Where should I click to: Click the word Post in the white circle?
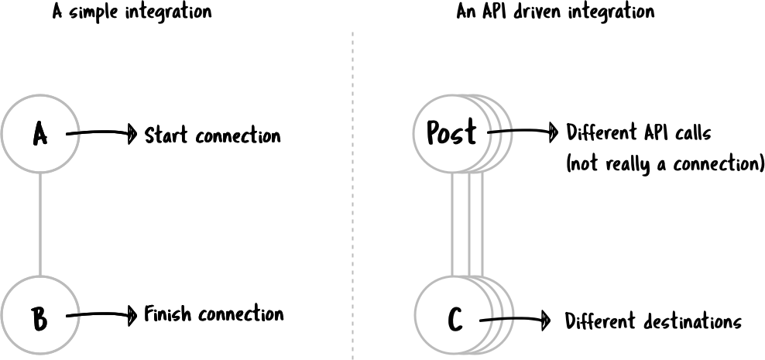[x=451, y=133]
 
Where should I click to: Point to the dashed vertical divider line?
[x=353, y=194]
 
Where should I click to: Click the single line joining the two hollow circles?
[x=40, y=225]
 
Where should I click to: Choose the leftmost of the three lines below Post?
[x=455, y=225]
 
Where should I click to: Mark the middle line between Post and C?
[x=469, y=225]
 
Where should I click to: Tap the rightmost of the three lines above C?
[x=483, y=225]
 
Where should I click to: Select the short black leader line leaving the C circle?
[x=497, y=318]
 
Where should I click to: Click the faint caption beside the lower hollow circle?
[x=214, y=315]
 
